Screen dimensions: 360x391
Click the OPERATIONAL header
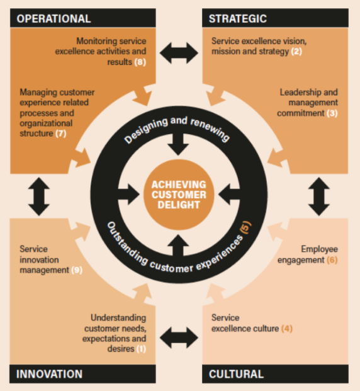coord(53,19)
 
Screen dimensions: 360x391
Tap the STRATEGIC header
coord(238,19)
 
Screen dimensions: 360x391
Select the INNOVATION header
coord(49,374)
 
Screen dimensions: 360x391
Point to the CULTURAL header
coord(237,374)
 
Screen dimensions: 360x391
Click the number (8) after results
coord(140,62)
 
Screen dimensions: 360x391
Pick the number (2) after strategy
coord(296,52)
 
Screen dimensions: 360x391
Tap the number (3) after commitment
coord(332,113)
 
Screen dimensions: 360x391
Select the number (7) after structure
coord(61,133)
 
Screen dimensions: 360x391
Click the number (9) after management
coord(77,270)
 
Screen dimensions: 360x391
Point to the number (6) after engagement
coord(332,260)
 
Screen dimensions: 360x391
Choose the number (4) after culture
coord(287,329)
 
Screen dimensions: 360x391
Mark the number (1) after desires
coord(141,349)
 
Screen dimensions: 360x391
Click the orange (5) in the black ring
coord(245,227)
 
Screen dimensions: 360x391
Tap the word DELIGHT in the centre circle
coord(179,205)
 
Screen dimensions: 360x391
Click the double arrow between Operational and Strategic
coord(179,53)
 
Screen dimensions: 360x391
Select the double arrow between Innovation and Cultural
coord(179,337)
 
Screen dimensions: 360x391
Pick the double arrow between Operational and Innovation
coord(39,196)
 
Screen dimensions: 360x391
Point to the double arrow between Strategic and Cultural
coord(319,196)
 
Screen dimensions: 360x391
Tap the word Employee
coord(319,249)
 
